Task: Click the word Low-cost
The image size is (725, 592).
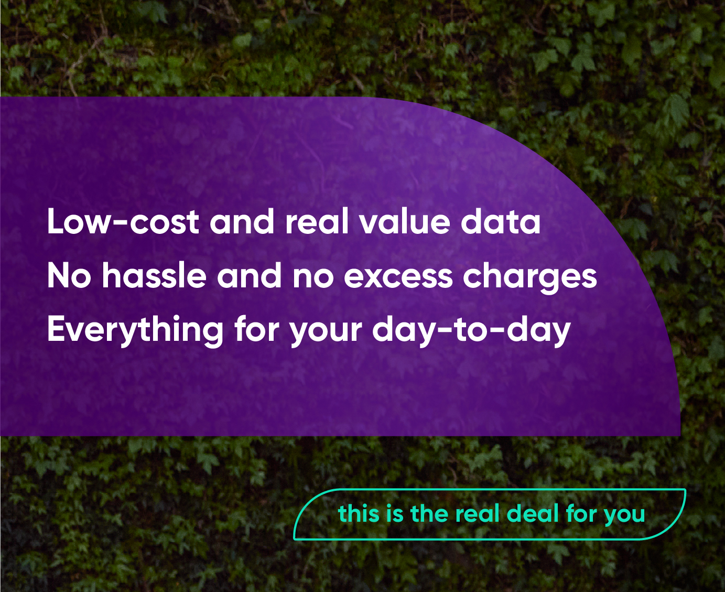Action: [123, 221]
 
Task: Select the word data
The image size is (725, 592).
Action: [500, 221]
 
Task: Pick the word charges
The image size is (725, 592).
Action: [530, 278]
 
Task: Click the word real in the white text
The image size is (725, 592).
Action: [316, 221]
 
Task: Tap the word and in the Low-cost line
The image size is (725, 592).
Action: [242, 221]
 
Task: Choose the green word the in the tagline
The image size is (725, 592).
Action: [429, 514]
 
